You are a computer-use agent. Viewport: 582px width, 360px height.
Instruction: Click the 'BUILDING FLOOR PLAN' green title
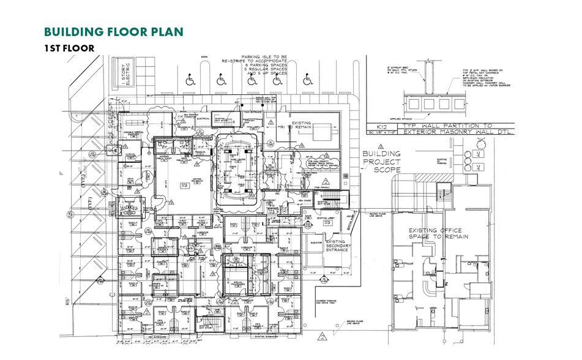tap(113, 32)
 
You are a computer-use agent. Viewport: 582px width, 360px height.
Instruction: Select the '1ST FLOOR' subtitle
tap(69, 48)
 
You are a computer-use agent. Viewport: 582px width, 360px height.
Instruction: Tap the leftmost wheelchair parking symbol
tap(189, 79)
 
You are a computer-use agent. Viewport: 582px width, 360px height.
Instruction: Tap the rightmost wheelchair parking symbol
tap(307, 79)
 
